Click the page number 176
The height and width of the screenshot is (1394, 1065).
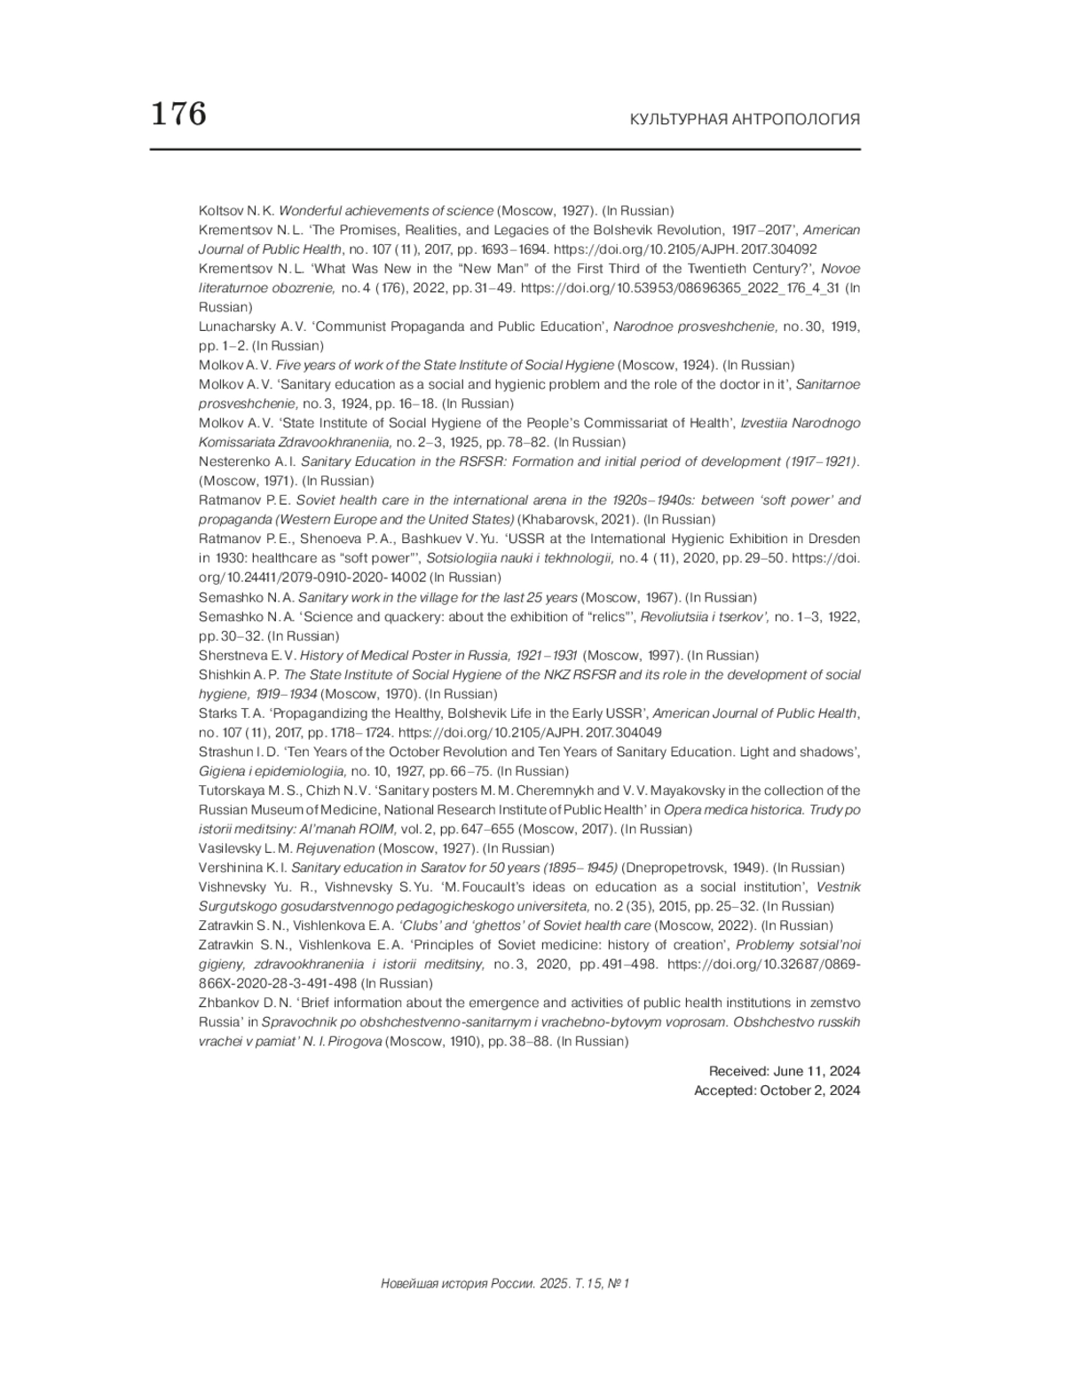point(178,114)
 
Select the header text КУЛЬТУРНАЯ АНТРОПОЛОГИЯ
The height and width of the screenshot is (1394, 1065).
point(745,120)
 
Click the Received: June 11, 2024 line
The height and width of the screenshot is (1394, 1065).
point(784,1072)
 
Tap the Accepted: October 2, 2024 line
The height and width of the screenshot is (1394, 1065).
point(777,1091)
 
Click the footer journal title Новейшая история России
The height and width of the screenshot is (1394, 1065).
point(458,1283)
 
